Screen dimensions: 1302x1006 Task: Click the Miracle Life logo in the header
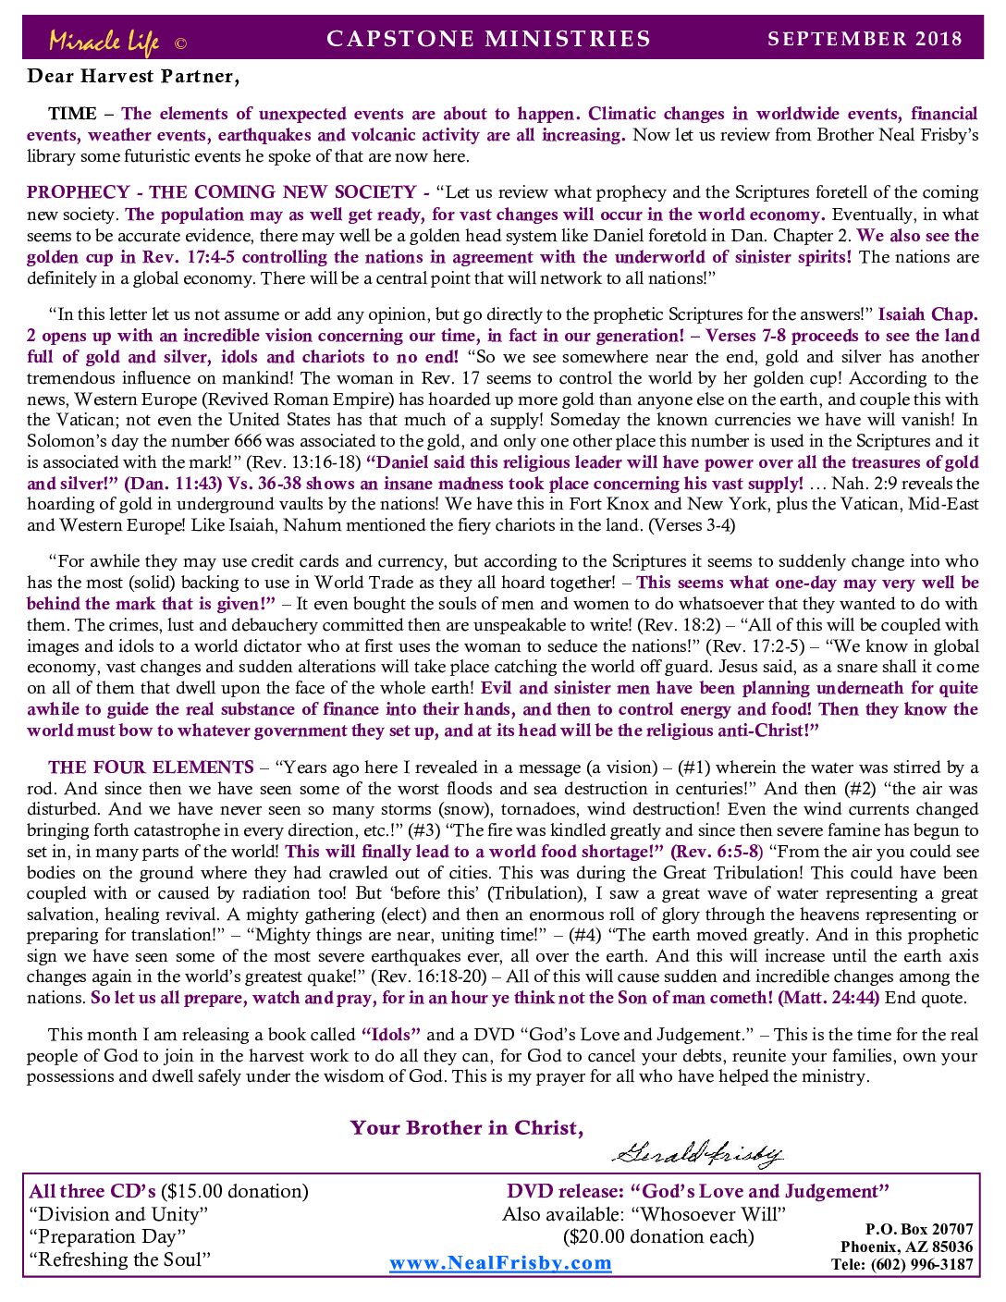(x=104, y=41)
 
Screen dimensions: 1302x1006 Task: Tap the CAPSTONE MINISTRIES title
(x=488, y=39)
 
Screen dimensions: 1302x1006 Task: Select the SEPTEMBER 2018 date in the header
(x=865, y=39)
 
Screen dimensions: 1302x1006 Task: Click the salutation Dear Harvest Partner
(x=133, y=77)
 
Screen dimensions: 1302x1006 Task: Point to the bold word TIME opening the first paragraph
(x=72, y=114)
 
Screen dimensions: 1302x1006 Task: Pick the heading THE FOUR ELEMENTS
(x=151, y=768)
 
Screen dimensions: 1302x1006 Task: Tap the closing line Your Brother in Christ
(x=466, y=1128)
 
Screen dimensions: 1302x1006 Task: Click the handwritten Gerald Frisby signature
(x=697, y=1153)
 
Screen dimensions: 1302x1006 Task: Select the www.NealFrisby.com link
(x=500, y=1263)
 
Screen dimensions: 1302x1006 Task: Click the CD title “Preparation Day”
(x=107, y=1237)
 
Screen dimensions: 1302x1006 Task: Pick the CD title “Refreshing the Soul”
(x=120, y=1259)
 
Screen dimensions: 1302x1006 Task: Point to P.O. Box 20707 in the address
(x=918, y=1229)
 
